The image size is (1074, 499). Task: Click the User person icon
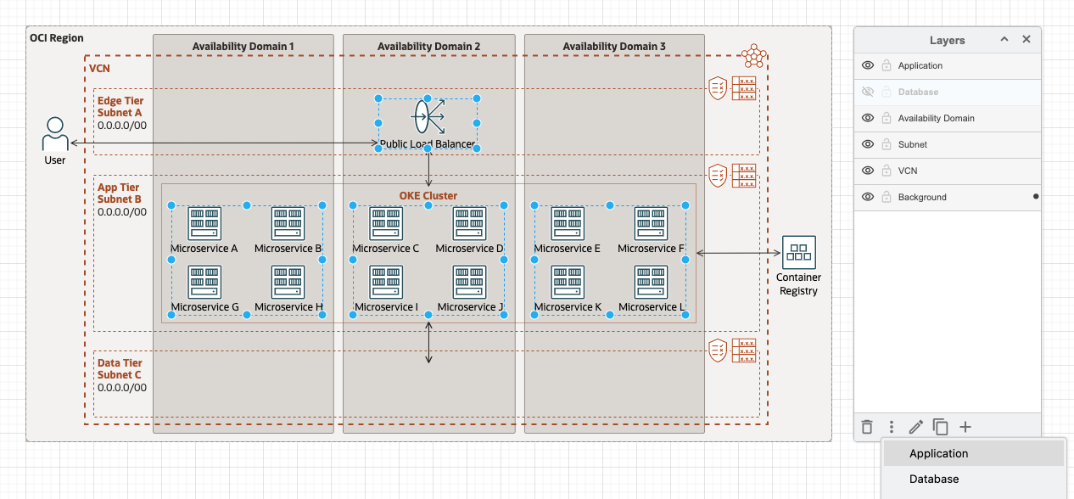pos(55,134)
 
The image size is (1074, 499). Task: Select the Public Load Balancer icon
pos(428,116)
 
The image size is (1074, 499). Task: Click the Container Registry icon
pos(798,253)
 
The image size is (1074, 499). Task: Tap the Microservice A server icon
pos(204,224)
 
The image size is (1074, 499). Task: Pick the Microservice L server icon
pos(652,283)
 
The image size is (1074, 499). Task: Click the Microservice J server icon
pos(470,283)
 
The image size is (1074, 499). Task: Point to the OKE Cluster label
pos(428,196)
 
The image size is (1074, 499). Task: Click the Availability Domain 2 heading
pos(428,46)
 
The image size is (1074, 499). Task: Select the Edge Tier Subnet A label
pos(120,107)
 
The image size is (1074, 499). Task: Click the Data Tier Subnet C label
pos(120,369)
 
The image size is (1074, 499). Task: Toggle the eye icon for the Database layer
pos(868,92)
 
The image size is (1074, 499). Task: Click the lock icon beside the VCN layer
pos(886,171)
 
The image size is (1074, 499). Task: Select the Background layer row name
pos(922,197)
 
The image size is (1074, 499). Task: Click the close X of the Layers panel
pos(1026,40)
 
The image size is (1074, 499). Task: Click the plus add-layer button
pos(965,428)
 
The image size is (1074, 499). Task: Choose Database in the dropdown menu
pos(934,479)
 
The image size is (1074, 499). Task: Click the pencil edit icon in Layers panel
pos(916,428)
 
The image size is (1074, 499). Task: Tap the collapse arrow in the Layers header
pos(1004,40)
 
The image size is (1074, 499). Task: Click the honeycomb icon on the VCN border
pos(754,57)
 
